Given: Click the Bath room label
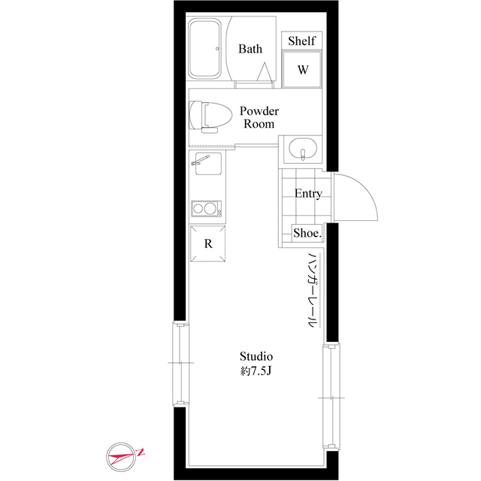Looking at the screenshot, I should pos(250,50).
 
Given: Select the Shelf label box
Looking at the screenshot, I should pos(301,41).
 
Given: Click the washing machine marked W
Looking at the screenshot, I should pos(302,70).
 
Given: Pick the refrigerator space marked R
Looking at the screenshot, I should pos(207,244).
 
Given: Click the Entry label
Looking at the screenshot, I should pos(307,194).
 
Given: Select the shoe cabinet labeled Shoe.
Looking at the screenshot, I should pos(307,234).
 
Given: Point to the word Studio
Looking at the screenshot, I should pos(256,355).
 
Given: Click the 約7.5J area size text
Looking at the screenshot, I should pos(256,371).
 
